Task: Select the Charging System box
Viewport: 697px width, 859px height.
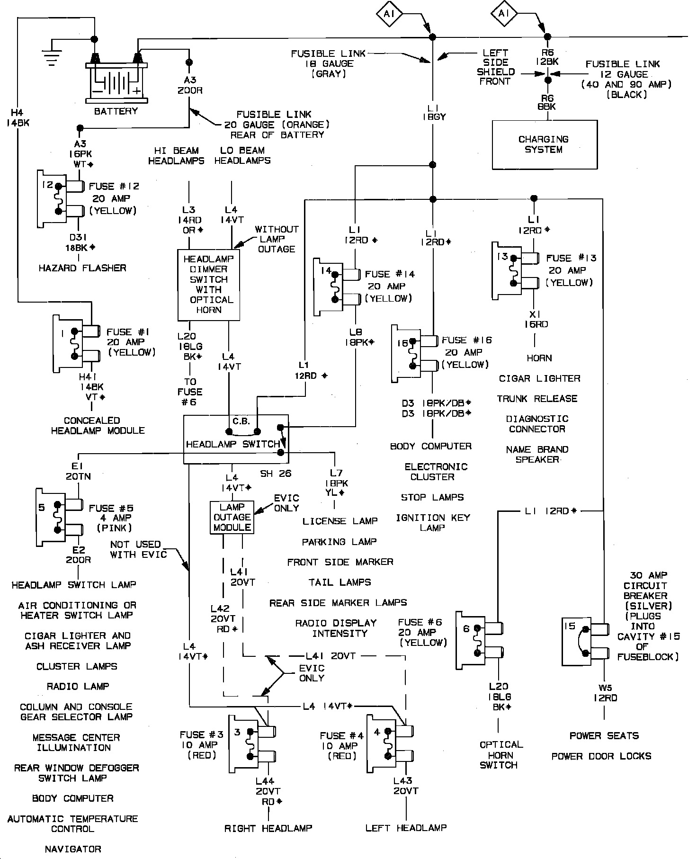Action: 545,144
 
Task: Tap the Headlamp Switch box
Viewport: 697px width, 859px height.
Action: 236,440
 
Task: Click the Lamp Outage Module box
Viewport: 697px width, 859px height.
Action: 232,518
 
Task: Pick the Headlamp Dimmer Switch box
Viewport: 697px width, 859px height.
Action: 209,285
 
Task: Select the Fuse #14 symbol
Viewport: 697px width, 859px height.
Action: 338,287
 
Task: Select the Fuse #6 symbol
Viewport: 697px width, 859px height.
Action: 480,641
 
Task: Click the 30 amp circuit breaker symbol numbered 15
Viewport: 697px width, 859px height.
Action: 586,641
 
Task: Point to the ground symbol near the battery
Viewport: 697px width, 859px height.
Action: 53,54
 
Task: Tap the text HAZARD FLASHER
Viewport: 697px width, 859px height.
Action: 82,268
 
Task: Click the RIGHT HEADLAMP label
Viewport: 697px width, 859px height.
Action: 268,828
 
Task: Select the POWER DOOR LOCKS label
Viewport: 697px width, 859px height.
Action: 601,756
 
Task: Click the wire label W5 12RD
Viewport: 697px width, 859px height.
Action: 605,693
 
